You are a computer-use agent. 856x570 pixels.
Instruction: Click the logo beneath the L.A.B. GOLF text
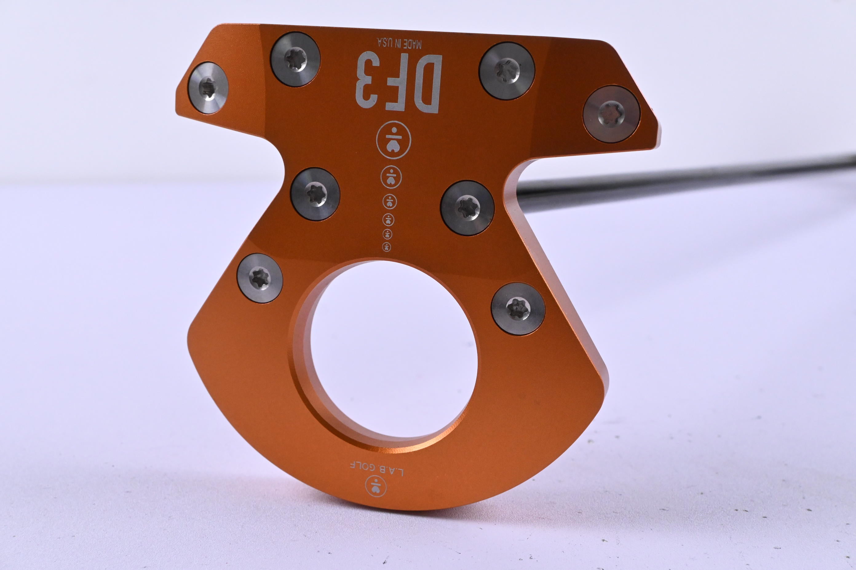(375, 486)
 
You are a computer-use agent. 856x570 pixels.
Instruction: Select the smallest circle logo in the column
(386, 247)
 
